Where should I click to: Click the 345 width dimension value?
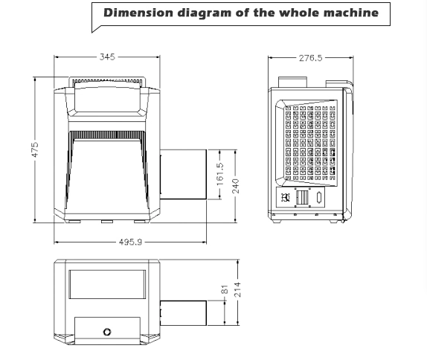(107, 57)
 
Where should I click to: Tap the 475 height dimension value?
(35, 150)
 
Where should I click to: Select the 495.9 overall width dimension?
(130, 242)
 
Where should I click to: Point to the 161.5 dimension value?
(220, 174)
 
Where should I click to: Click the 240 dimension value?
(236, 186)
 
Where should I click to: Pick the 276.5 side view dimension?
(310, 58)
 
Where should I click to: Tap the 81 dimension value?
(225, 289)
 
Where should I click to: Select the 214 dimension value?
(237, 289)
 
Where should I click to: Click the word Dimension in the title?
(138, 13)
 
